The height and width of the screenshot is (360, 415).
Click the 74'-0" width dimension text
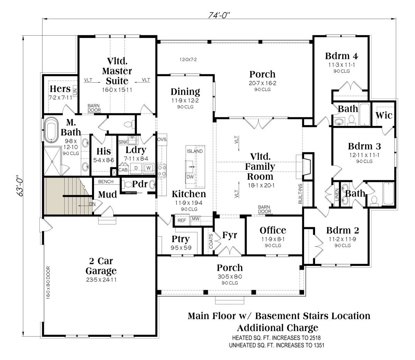click(x=219, y=15)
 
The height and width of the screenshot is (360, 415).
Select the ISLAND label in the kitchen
click(x=195, y=151)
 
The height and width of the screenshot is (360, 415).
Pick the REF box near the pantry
click(x=181, y=220)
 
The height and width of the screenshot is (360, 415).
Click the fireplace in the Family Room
click(x=306, y=166)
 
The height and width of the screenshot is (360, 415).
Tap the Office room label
click(x=273, y=230)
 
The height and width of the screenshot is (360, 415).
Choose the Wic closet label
click(x=384, y=115)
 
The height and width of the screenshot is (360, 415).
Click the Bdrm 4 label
click(x=341, y=56)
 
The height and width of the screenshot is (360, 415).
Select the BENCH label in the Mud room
click(x=106, y=182)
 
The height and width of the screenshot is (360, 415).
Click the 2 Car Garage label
click(x=101, y=266)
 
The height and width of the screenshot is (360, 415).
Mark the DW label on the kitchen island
click(x=190, y=177)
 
